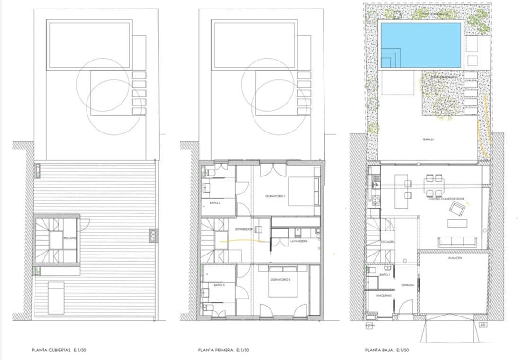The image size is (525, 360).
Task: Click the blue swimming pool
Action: (420, 45)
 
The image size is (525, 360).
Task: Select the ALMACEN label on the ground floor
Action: (454, 259)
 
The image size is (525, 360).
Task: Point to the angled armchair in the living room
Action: (457, 208)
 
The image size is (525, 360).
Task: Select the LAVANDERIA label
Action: (299, 241)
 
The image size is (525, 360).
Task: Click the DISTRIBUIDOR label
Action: (244, 229)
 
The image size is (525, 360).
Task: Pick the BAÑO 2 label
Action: (216, 202)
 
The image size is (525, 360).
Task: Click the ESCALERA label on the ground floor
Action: (387, 242)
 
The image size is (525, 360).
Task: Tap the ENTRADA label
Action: (408, 285)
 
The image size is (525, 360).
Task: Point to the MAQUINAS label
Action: (384, 295)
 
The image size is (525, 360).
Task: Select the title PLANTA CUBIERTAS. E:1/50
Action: (58, 351)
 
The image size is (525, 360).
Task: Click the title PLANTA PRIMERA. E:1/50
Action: (223, 351)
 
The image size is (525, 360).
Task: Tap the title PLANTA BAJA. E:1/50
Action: (387, 351)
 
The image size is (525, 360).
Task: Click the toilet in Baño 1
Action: (371, 270)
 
